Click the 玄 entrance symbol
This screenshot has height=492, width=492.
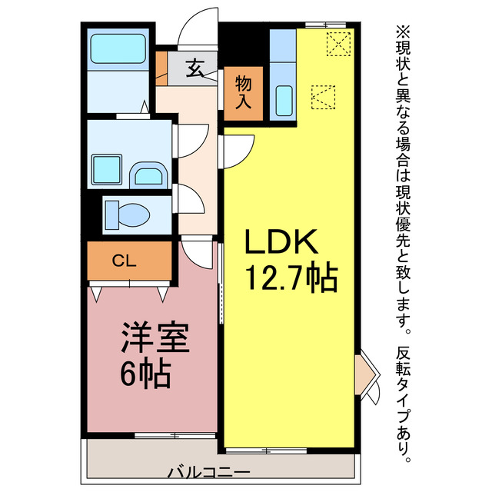tap(194, 70)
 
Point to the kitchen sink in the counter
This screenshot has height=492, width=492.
tap(284, 99)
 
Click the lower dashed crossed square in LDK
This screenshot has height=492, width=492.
tap(324, 95)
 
